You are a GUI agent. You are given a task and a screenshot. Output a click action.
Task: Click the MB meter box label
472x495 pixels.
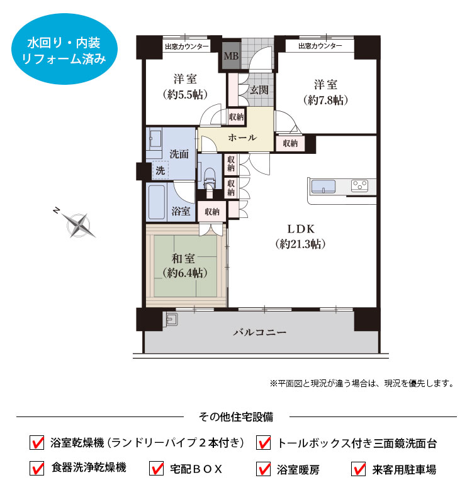point(231,56)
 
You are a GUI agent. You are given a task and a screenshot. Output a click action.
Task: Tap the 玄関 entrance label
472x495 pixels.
point(259,90)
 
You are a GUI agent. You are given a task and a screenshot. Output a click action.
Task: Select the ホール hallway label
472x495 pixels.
point(242,138)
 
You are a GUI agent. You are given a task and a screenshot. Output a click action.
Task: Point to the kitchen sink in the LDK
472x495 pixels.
point(323,187)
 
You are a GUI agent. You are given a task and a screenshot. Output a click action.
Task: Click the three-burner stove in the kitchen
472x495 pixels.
point(360,186)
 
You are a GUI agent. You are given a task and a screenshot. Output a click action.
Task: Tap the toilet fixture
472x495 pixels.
point(210,179)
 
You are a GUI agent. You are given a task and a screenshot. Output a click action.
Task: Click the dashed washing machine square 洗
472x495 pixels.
point(160,170)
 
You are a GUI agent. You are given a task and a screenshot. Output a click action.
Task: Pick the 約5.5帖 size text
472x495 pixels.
point(186,94)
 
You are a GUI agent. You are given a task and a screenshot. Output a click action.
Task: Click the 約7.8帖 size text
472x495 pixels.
point(325,100)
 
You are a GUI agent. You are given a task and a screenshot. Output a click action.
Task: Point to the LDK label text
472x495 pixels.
point(301,229)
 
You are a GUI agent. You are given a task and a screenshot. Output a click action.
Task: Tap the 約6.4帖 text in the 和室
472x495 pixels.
point(185,273)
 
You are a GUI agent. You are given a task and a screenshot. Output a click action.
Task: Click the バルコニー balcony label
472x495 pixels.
point(260,332)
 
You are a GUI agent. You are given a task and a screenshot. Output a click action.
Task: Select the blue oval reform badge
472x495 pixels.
point(65,49)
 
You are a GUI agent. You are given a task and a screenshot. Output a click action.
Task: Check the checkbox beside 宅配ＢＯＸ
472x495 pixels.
point(156,469)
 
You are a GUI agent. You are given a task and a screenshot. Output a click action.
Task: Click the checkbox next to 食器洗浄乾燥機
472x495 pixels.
point(37,468)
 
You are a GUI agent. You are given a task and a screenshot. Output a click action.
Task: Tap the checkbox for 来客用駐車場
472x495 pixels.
point(359,469)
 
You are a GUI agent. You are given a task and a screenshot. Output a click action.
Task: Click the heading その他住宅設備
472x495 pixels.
point(236,416)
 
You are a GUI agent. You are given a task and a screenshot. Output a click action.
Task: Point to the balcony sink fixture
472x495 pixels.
point(172,319)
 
